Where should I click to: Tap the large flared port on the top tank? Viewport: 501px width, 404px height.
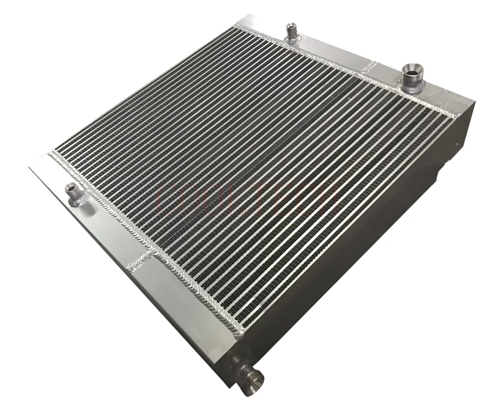(x=411, y=77)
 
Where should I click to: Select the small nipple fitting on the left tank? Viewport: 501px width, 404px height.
(x=73, y=195)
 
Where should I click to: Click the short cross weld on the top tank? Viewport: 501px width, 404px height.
(x=372, y=66)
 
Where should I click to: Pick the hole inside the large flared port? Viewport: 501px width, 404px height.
(x=412, y=70)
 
